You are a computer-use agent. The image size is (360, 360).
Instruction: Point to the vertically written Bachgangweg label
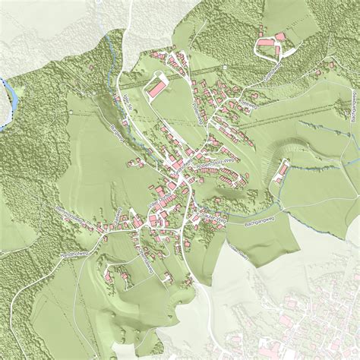click(353, 111)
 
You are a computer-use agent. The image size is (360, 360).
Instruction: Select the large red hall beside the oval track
click(156, 89)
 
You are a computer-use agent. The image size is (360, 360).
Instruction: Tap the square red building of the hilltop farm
click(279, 36)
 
